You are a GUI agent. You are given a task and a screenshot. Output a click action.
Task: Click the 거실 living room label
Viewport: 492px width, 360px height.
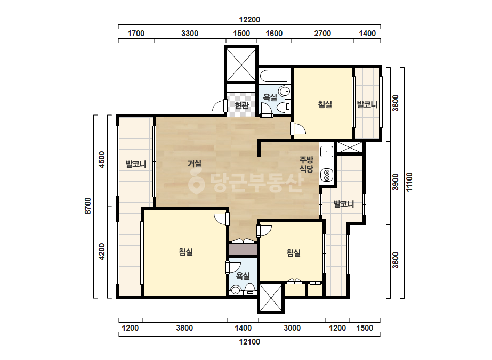(x=194, y=163)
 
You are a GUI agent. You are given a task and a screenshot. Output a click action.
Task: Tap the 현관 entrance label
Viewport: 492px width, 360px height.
(x=241, y=105)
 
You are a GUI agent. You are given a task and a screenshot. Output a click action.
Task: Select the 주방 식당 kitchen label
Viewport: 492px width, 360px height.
(x=307, y=165)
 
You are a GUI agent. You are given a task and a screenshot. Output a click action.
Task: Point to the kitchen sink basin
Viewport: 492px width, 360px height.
(x=327, y=152)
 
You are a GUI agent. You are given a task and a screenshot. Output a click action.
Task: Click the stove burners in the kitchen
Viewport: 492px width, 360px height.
(x=327, y=175)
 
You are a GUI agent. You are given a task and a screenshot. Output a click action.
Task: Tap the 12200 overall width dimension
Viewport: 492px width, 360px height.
(x=249, y=20)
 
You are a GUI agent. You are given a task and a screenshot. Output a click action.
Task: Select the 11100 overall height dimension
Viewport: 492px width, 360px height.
(x=409, y=182)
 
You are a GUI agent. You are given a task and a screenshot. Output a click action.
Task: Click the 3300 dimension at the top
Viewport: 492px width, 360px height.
(x=190, y=33)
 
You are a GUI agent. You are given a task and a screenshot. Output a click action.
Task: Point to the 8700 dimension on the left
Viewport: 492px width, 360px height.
(x=88, y=206)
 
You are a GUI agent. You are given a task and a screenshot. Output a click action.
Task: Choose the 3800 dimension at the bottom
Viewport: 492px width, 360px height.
(x=184, y=328)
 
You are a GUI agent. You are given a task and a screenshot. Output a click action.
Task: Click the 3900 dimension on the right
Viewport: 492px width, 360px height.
(x=396, y=182)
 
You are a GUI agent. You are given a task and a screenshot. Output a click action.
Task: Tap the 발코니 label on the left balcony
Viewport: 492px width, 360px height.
(x=136, y=164)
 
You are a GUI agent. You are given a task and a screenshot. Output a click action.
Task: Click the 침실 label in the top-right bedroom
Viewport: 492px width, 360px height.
(x=325, y=104)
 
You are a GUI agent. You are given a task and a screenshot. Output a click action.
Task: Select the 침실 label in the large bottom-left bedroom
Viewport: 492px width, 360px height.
(x=185, y=252)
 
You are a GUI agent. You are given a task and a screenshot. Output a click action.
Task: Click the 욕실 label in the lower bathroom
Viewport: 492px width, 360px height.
(x=243, y=276)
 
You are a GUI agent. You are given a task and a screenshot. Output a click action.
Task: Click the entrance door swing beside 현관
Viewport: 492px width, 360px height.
(x=220, y=106)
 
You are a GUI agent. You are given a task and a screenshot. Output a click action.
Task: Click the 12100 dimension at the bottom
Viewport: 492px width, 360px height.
(x=249, y=342)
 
